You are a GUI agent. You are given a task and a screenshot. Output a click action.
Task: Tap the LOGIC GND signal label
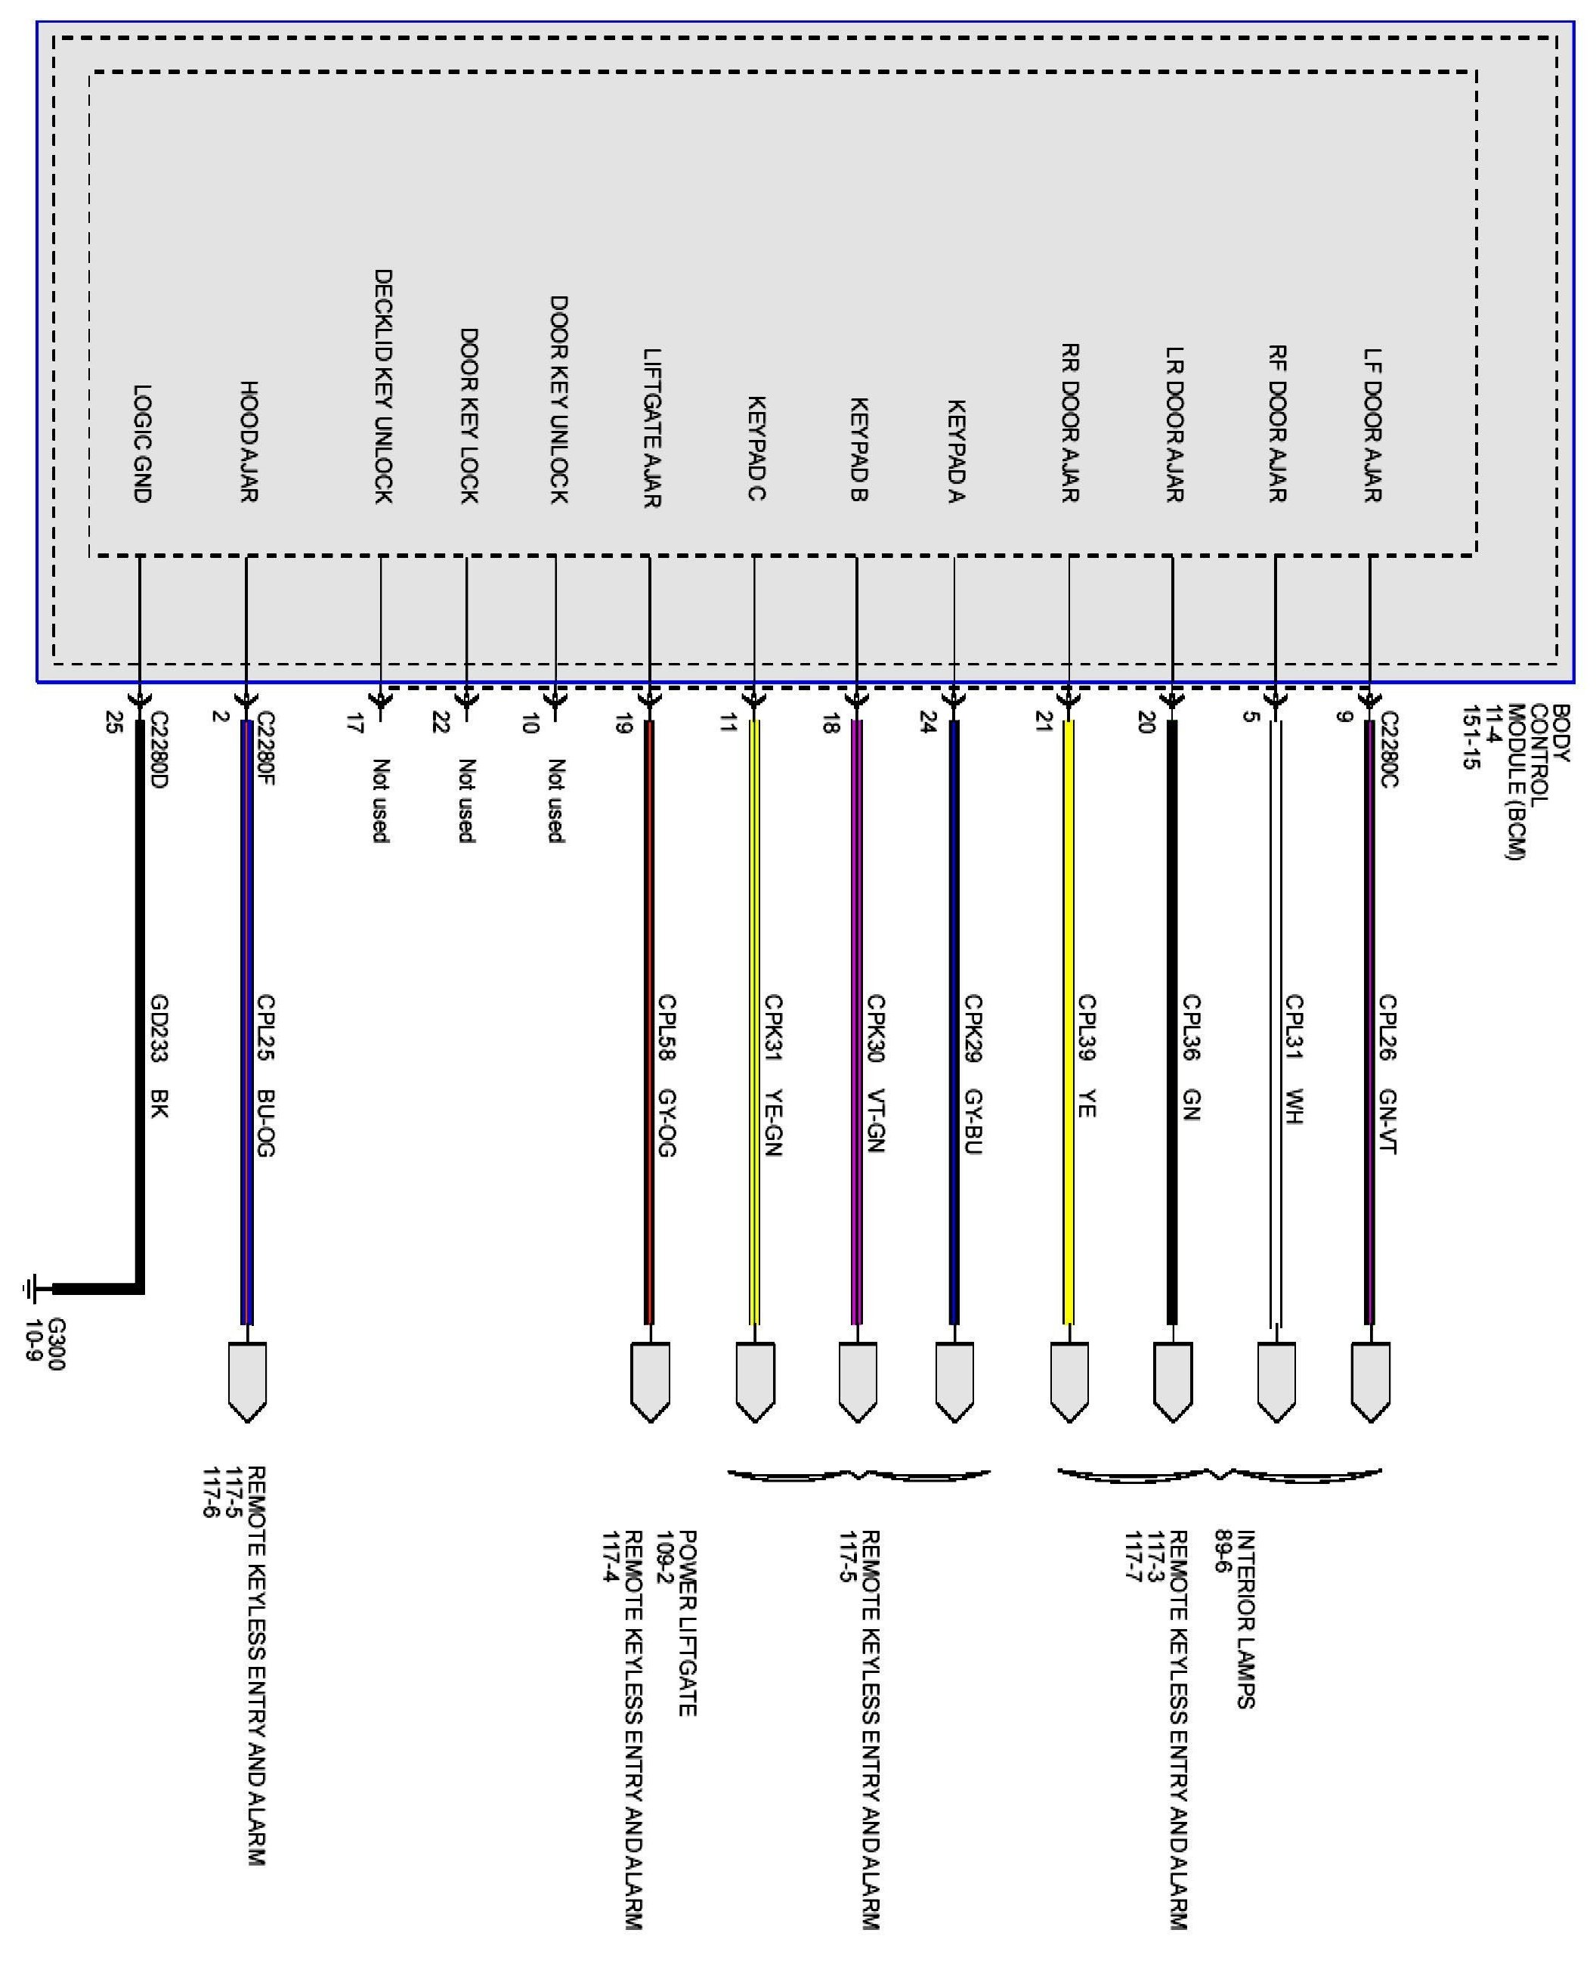pyautogui.click(x=143, y=443)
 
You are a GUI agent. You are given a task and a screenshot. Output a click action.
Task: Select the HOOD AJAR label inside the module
pyautogui.click(x=248, y=441)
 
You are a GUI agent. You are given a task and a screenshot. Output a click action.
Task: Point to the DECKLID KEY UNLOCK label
pyautogui.click(x=383, y=386)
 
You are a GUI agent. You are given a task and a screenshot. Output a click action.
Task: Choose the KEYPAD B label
pyautogui.click(x=858, y=449)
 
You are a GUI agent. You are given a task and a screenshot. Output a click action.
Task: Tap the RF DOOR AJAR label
pyautogui.click(x=1277, y=424)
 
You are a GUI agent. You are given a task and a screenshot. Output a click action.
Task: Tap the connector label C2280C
pyautogui.click(x=1388, y=748)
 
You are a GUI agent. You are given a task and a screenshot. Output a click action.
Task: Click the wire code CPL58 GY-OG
pyautogui.click(x=667, y=1075)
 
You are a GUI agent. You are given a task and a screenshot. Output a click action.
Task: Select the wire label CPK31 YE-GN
pyautogui.click(x=772, y=1075)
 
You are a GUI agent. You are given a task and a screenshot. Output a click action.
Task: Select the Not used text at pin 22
pyautogui.click(x=467, y=800)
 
